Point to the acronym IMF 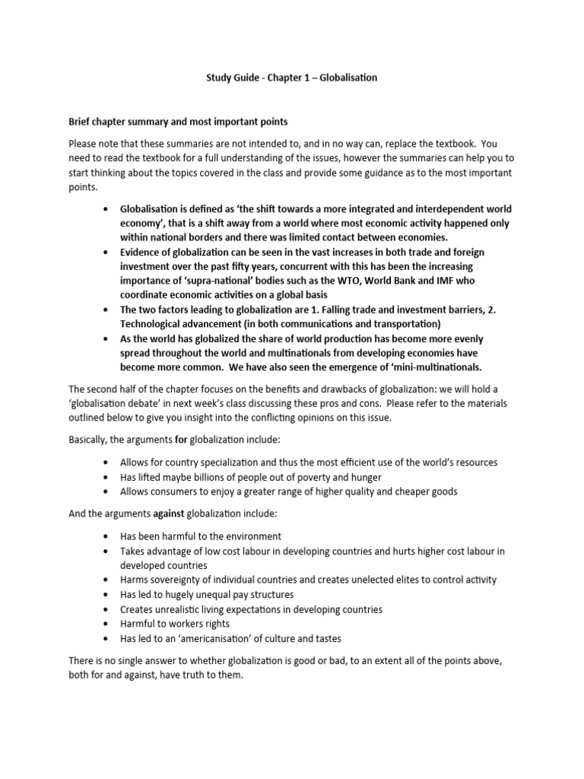[451, 282]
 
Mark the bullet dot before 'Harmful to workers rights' [104, 624]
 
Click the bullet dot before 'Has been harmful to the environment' [104, 536]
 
